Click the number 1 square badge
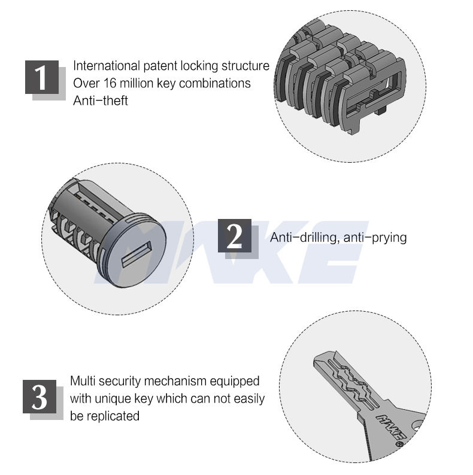pyautogui.click(x=42, y=77)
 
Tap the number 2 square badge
pyautogui.click(x=235, y=236)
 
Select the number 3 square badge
pyautogui.click(x=40, y=397)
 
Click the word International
pyautogui.click(x=107, y=66)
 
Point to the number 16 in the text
pyautogui.click(x=110, y=83)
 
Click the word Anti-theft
pyautogui.click(x=101, y=101)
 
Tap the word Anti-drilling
pyautogui.click(x=304, y=237)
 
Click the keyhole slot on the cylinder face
pyautogui.click(x=136, y=254)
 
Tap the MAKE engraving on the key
pyautogui.click(x=391, y=427)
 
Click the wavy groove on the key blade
pyautogui.click(x=353, y=382)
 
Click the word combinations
pyautogui.click(x=215, y=83)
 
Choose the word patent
pyautogui.click(x=160, y=66)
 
